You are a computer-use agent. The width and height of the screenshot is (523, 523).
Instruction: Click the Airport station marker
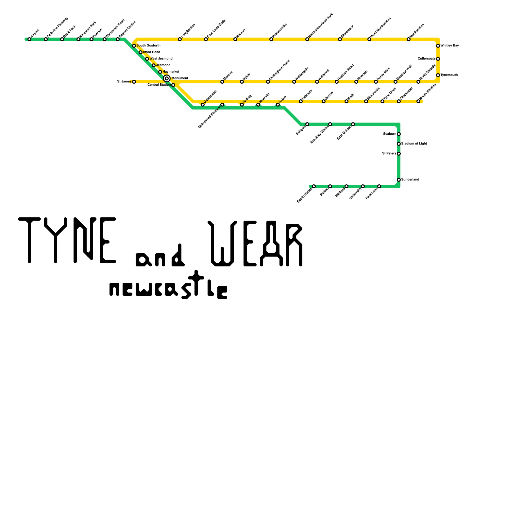pyautogui.click(x=29, y=39)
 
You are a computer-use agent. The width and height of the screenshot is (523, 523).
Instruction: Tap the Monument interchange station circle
pyautogui.click(x=167, y=78)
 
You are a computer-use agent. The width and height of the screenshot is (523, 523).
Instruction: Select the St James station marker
pyautogui.click(x=134, y=82)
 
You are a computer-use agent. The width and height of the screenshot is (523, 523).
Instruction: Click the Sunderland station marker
pyautogui.click(x=399, y=180)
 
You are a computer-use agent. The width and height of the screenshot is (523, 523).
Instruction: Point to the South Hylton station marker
pyautogui.click(x=314, y=186)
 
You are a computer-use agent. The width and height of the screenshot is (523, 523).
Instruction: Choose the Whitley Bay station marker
pyautogui.click(x=438, y=46)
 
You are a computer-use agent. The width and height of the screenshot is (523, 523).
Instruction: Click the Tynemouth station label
pyautogui.click(x=448, y=75)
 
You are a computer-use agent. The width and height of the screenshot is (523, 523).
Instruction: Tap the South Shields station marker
pyautogui.click(x=418, y=101)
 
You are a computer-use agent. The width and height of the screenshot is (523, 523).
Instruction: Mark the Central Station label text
pyautogui.click(x=159, y=85)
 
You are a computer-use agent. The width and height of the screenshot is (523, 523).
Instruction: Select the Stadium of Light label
pyautogui.click(x=414, y=144)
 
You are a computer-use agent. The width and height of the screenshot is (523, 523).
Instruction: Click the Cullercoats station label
pyautogui.click(x=427, y=59)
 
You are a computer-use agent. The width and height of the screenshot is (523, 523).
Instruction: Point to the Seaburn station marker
pyautogui.click(x=399, y=134)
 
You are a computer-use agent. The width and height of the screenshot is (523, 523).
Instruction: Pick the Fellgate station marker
pyautogui.click(x=307, y=124)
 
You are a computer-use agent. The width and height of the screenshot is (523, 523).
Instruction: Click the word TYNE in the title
pyautogui.click(x=67, y=240)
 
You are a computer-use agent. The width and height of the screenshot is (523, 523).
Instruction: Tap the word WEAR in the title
pyautogui.click(x=255, y=244)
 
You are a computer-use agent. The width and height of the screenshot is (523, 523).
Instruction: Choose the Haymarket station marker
pyautogui.click(x=160, y=72)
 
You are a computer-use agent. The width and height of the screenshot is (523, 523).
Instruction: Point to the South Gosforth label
pyautogui.click(x=148, y=46)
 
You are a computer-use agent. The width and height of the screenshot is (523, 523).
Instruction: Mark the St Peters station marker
pyautogui.click(x=399, y=154)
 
